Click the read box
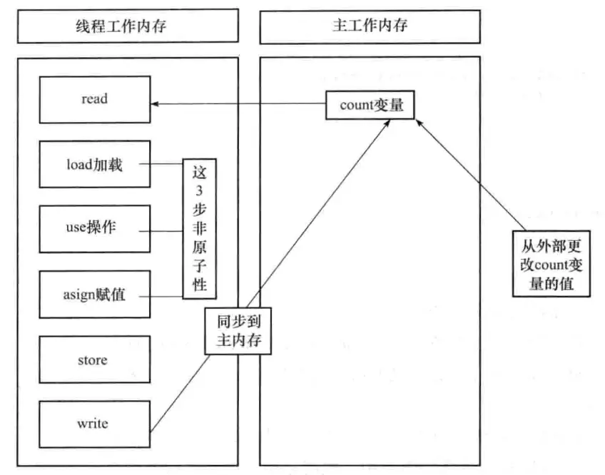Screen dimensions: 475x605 coord(94,99)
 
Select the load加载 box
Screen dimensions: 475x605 coord(94,165)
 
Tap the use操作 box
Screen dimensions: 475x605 coord(94,229)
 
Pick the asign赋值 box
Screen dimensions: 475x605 coord(94,294)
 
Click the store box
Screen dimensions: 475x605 coord(94,359)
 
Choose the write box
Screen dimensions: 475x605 coord(94,424)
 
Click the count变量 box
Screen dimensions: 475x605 coord(370,106)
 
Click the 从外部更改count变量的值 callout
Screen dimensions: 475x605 coord(551,264)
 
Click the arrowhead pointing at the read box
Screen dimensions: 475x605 coord(155,105)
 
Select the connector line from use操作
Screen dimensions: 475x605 coord(166,230)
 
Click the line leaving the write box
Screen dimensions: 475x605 coord(178,396)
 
